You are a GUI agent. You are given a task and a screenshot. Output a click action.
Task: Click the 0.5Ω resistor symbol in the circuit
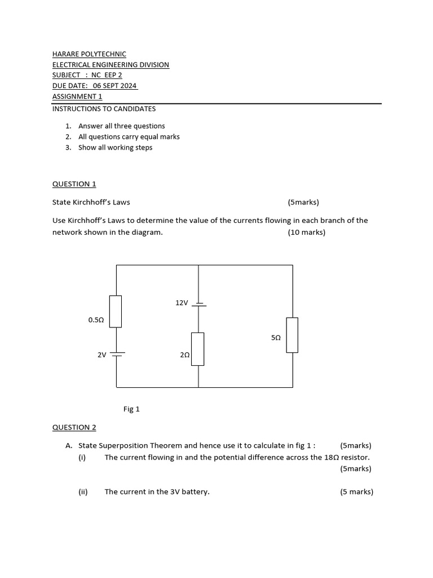[x=116, y=311]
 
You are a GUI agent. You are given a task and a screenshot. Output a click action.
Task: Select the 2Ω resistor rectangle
[x=198, y=349]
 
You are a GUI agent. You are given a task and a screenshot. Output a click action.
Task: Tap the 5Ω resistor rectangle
[x=292, y=335]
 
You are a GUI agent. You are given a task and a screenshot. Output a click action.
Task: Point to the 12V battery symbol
[x=198, y=305]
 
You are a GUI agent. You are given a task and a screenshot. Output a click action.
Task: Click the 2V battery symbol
[x=117, y=354]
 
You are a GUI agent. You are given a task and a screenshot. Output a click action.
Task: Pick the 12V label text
[x=182, y=303]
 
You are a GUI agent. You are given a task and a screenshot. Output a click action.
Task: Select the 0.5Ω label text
[x=96, y=320]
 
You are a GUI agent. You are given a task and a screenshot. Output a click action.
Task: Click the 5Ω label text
[x=276, y=338]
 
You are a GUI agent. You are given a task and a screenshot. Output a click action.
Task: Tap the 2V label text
[x=102, y=355]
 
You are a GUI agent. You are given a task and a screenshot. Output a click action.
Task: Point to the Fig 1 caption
[x=131, y=409]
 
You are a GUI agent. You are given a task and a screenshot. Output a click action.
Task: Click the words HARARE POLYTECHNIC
[x=89, y=54]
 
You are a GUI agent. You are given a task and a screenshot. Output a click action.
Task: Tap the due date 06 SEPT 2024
[x=115, y=86]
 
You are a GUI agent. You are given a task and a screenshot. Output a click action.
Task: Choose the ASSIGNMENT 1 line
[x=77, y=97]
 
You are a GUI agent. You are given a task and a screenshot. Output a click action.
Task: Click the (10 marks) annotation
[x=306, y=233]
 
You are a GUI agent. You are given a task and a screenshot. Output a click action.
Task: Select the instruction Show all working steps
[x=115, y=148]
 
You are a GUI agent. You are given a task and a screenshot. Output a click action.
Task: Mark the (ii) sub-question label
[x=83, y=492]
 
